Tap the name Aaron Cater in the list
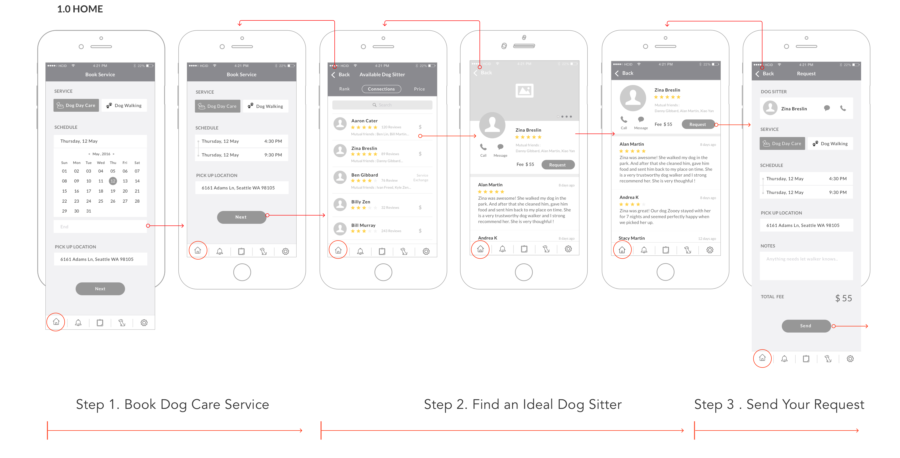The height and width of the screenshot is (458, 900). click(364, 121)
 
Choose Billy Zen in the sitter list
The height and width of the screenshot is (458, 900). click(361, 202)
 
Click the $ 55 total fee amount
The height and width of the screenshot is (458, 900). click(843, 298)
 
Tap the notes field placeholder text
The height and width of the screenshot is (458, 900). click(802, 259)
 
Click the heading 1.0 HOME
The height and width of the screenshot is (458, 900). click(80, 9)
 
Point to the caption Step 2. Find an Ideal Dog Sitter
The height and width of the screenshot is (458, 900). click(523, 404)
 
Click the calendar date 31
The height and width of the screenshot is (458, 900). click(89, 211)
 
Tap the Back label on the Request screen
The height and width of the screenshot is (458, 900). click(768, 74)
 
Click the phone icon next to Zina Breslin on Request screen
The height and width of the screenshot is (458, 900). click(843, 108)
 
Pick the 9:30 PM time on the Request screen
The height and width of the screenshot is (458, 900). click(838, 192)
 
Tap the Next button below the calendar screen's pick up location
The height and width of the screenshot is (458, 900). click(100, 289)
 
